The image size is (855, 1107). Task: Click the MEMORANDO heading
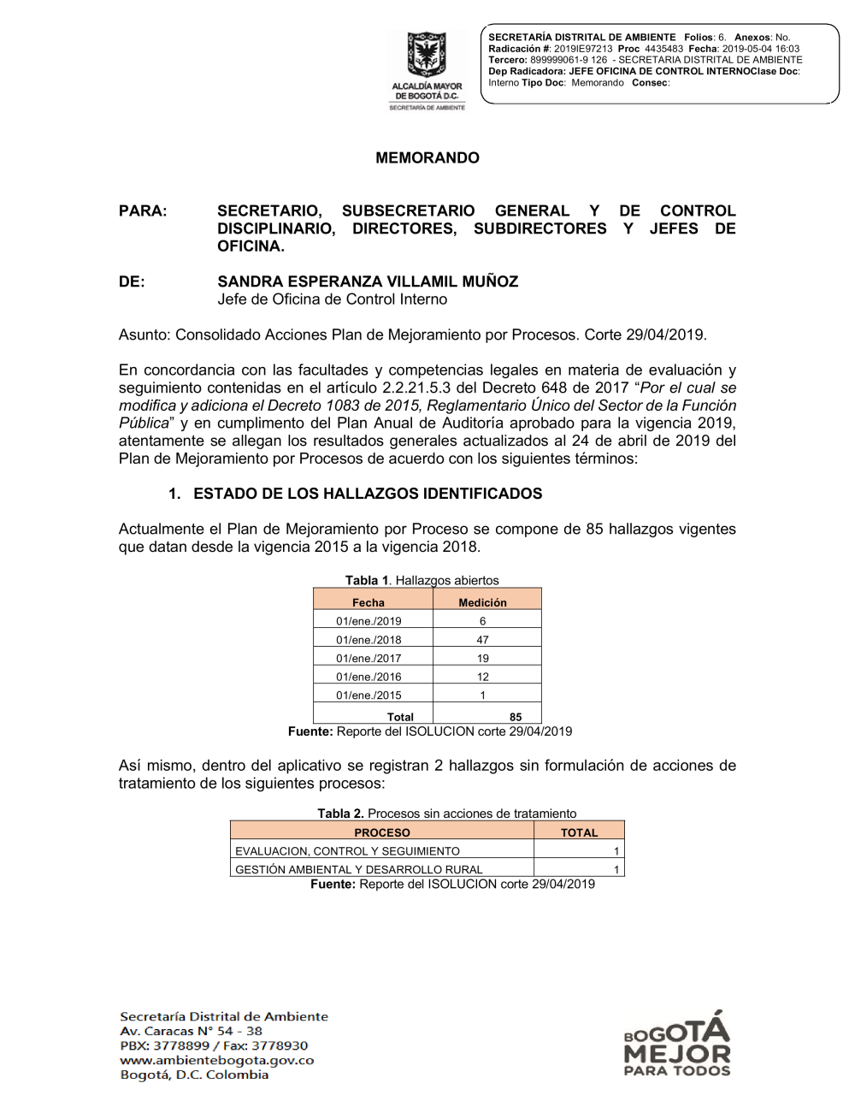(x=427, y=157)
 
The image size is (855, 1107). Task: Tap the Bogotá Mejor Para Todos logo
(x=677, y=1045)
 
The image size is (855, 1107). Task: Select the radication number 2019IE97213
(x=583, y=49)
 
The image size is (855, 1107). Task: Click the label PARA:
(x=143, y=210)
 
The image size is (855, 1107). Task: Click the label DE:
(x=132, y=281)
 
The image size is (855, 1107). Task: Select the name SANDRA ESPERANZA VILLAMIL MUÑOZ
(x=368, y=281)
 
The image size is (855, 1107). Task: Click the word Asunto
(x=144, y=334)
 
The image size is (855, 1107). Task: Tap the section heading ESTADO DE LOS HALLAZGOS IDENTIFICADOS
(x=368, y=494)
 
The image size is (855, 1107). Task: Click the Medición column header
(x=482, y=602)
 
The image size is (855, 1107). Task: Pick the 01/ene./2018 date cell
(x=369, y=640)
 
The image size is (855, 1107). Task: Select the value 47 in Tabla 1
(x=483, y=640)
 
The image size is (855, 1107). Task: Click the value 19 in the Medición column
(x=483, y=658)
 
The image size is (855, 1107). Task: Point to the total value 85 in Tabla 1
(x=516, y=717)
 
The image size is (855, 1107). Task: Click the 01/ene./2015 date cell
(x=369, y=696)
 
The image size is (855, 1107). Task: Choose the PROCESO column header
(x=382, y=832)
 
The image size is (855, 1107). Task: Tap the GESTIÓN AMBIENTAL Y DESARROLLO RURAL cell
(x=359, y=869)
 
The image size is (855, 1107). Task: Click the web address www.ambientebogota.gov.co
(x=217, y=1060)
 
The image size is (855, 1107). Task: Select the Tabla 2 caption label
(x=341, y=814)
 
